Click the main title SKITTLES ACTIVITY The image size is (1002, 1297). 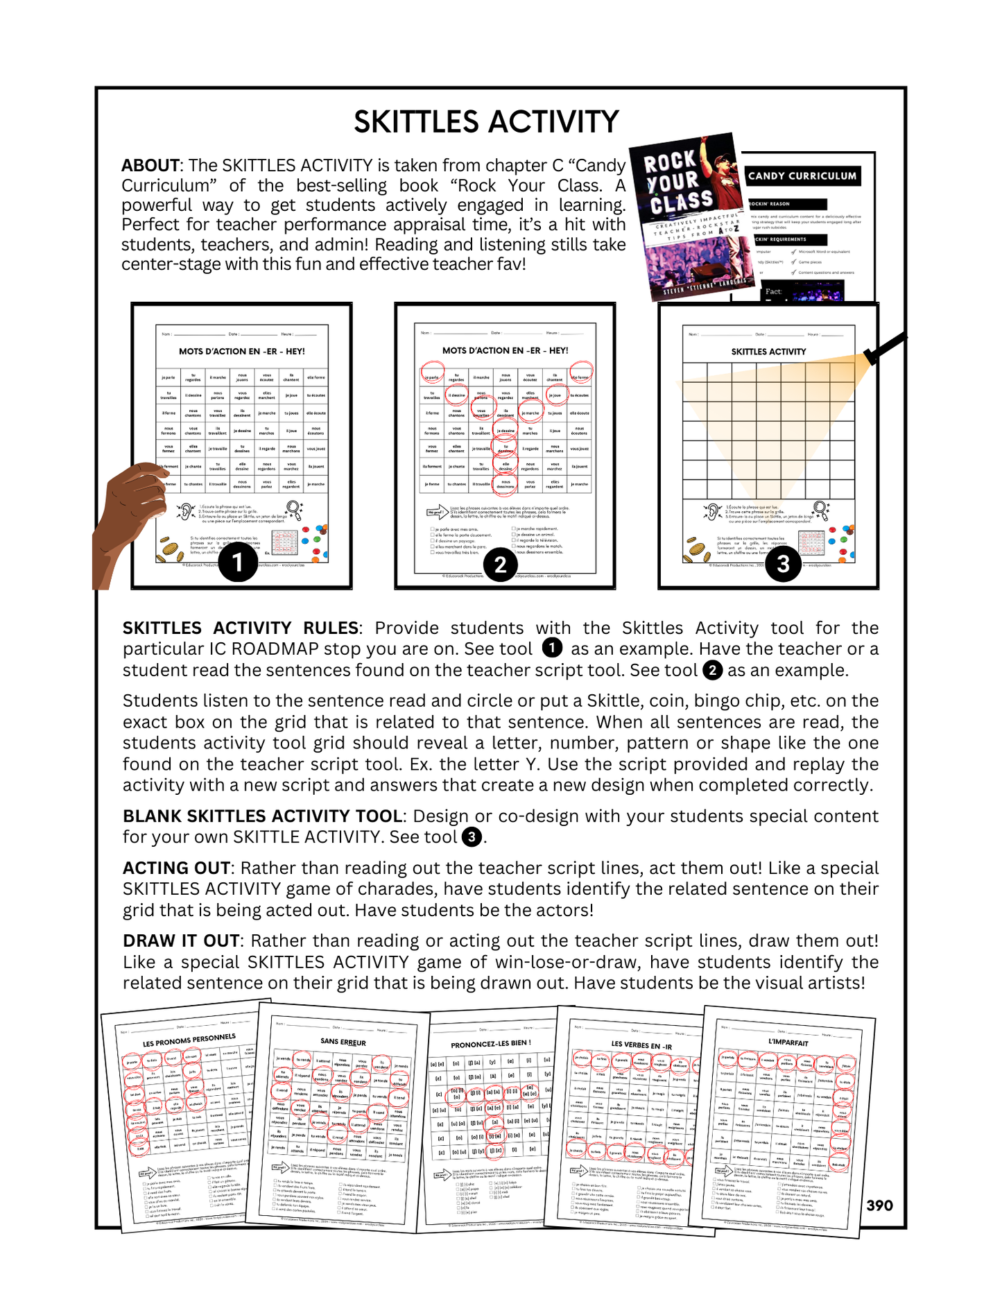[x=486, y=122]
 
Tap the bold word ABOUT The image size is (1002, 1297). [x=150, y=166]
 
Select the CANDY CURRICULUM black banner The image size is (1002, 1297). [x=802, y=176]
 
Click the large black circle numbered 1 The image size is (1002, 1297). [x=238, y=562]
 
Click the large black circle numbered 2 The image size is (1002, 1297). [x=501, y=565]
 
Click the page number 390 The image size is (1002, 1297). [x=879, y=1205]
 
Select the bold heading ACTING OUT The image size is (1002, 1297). [x=176, y=868]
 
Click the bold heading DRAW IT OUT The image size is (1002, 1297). [x=181, y=941]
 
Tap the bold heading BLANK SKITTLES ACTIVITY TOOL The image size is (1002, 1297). [x=263, y=816]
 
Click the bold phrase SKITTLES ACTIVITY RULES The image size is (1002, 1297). [x=241, y=628]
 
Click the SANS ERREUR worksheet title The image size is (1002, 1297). [x=343, y=1042]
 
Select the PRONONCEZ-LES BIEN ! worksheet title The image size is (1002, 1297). [x=491, y=1043]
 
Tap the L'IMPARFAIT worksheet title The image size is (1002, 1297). [x=788, y=1042]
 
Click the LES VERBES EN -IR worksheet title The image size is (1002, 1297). [x=641, y=1045]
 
